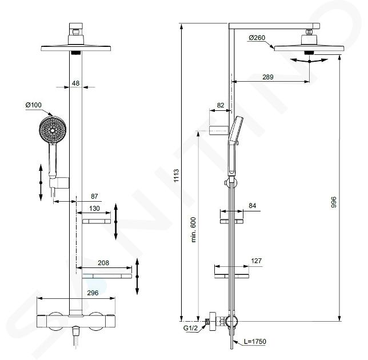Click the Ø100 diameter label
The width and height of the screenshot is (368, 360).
pos(33,105)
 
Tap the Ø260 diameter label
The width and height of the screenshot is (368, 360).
pos(257,38)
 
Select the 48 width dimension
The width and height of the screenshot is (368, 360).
pos(75,83)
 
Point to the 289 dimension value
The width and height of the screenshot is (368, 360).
pos(268,77)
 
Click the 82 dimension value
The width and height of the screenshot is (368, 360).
pos(221,105)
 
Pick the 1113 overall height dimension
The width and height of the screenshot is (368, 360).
pos(176,175)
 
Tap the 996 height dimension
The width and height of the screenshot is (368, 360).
pos(333,202)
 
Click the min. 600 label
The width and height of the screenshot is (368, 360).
pos(193,230)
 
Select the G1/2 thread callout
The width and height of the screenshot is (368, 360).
pos(190,328)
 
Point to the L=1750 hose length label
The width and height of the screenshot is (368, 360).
pos(255,342)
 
